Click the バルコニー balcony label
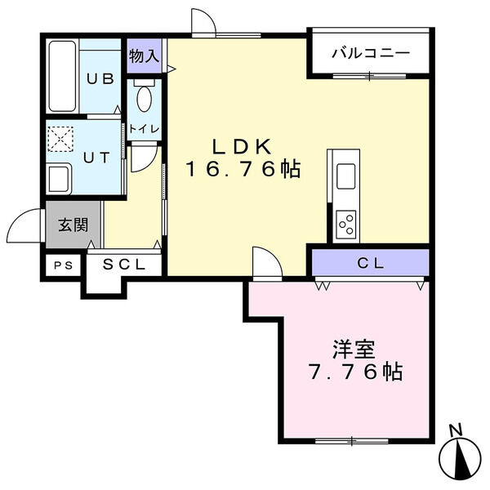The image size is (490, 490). pyautogui.click(x=370, y=54)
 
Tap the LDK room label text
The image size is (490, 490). pyautogui.click(x=241, y=147)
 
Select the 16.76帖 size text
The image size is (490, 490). pyautogui.click(x=242, y=170)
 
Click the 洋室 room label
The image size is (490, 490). pyautogui.click(x=354, y=350)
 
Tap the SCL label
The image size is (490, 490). pyautogui.click(x=125, y=264)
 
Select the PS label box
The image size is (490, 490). pyautogui.click(x=62, y=265)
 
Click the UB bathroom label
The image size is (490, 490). pyautogui.click(x=100, y=78)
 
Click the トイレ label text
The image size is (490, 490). pyautogui.click(x=144, y=128)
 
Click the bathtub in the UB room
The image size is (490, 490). pyautogui.click(x=62, y=78)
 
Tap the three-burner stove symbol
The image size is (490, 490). pyautogui.click(x=345, y=223)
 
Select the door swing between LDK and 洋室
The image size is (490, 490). pyautogui.click(x=265, y=261)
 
